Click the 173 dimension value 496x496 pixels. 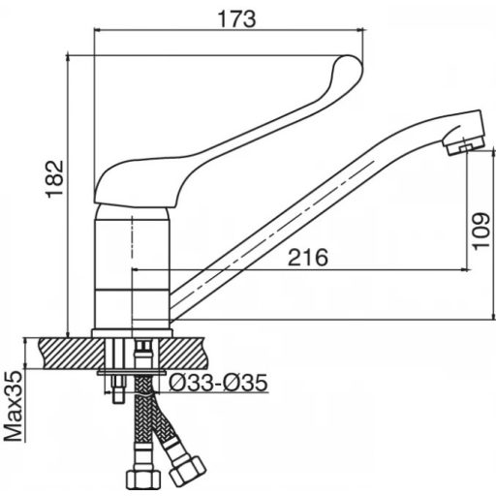pyautogui.click(x=237, y=19)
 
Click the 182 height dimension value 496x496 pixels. pyautogui.click(x=55, y=179)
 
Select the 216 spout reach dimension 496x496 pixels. pyautogui.click(x=308, y=258)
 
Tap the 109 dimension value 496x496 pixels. pyautogui.click(x=481, y=231)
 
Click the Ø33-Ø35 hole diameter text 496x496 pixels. pyautogui.click(x=218, y=383)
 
